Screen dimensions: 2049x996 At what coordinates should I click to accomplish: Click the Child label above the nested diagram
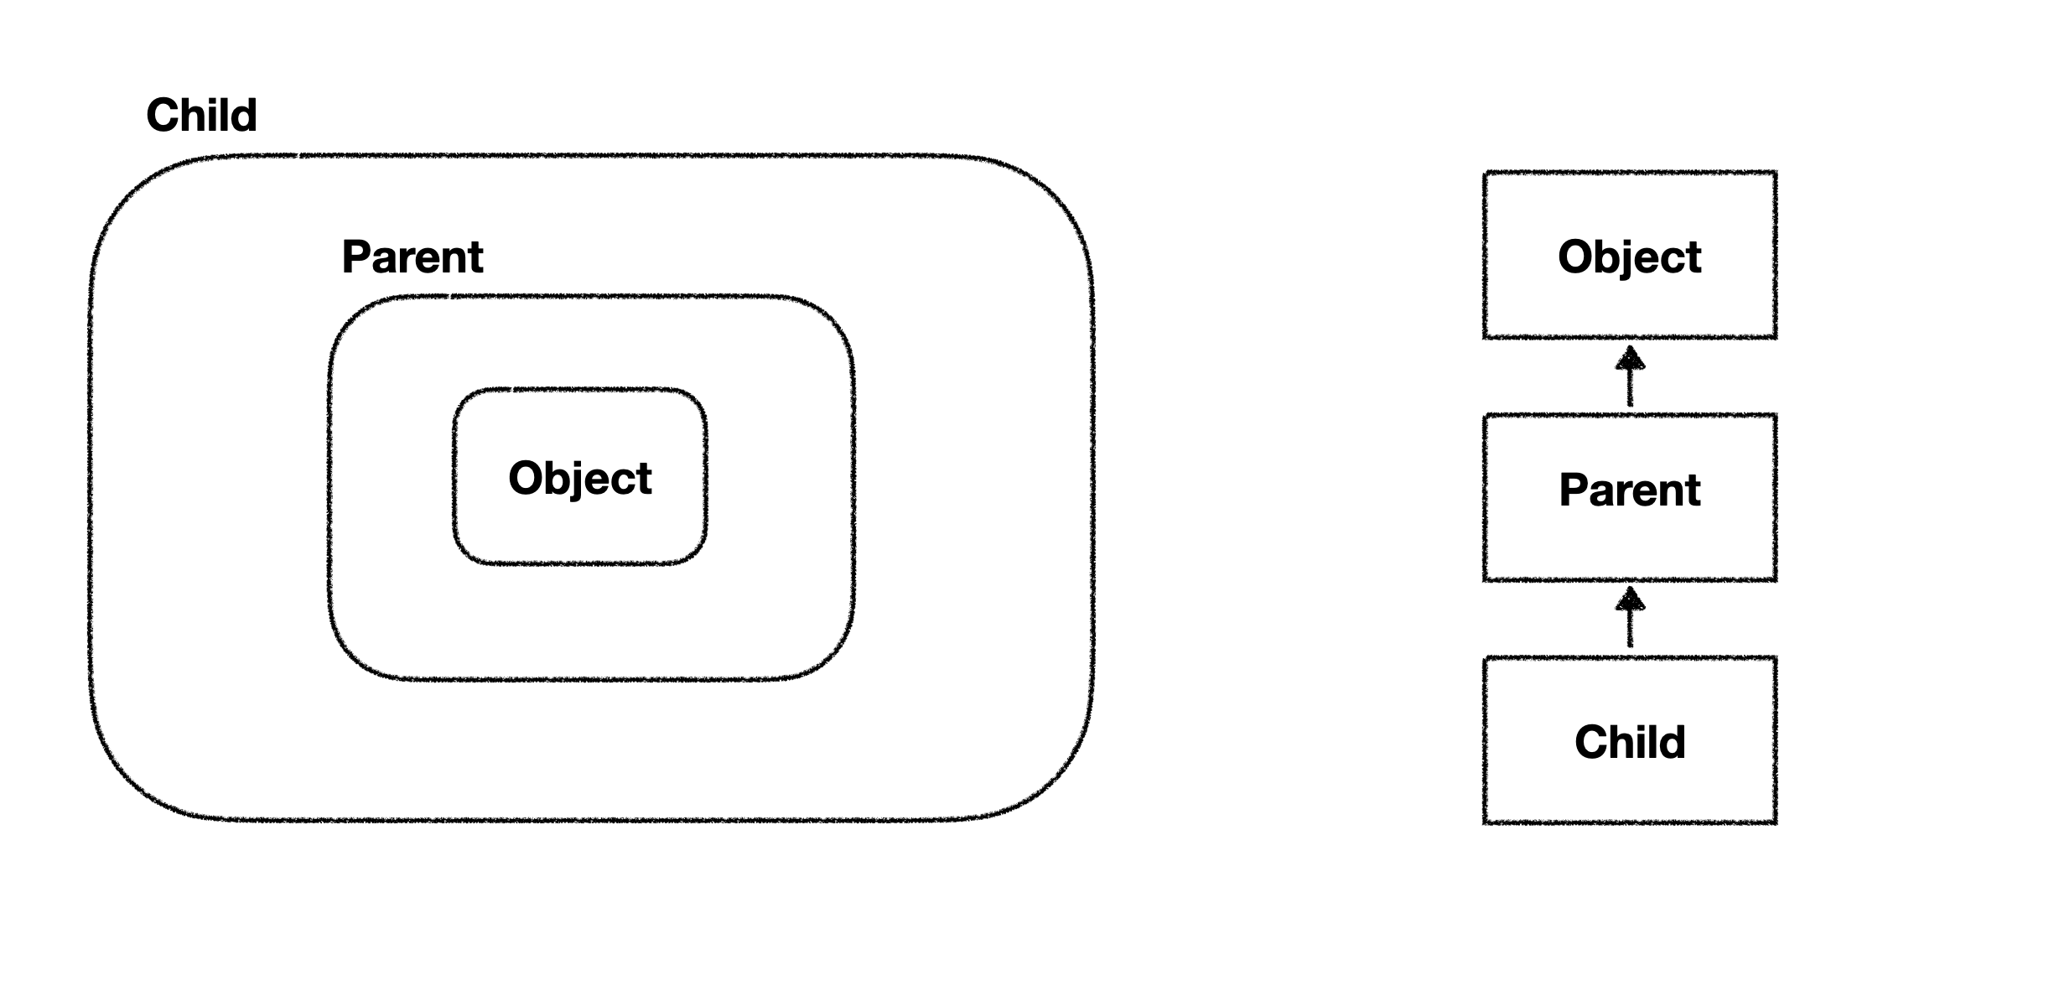click(x=201, y=115)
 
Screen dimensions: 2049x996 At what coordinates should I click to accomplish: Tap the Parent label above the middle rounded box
click(x=412, y=257)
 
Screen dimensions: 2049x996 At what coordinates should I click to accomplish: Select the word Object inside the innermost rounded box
click(x=579, y=478)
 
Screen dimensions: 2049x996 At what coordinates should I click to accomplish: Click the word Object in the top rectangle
click(x=1629, y=257)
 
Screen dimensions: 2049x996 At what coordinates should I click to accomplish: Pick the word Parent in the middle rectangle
click(x=1629, y=490)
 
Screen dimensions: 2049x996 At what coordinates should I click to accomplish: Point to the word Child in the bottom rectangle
click(x=1629, y=742)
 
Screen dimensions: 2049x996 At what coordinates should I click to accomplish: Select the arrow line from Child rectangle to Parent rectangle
click(x=1629, y=627)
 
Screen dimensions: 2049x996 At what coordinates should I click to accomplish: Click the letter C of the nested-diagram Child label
click(x=163, y=115)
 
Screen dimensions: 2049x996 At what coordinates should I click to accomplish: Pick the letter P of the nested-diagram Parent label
click(x=355, y=257)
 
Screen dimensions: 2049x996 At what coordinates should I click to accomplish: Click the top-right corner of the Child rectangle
click(x=1775, y=659)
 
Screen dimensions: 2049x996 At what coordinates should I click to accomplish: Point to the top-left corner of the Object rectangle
click(x=1485, y=174)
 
